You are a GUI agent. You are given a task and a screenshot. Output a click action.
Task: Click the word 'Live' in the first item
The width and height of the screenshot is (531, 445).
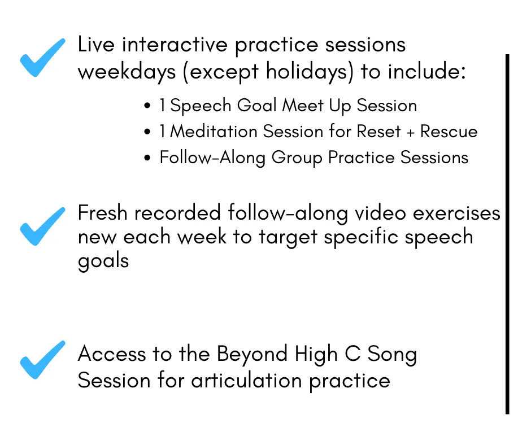pyautogui.click(x=96, y=45)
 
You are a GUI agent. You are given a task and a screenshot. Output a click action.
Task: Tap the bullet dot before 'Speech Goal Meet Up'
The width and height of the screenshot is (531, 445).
pyautogui.click(x=147, y=106)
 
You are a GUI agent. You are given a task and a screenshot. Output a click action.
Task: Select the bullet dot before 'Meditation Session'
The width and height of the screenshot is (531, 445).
pyautogui.click(x=147, y=132)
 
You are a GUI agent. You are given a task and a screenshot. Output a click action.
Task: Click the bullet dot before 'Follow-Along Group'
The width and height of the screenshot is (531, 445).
pyautogui.click(x=147, y=158)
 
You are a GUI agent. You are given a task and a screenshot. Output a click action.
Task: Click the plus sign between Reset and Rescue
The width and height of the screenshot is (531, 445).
pyautogui.click(x=411, y=132)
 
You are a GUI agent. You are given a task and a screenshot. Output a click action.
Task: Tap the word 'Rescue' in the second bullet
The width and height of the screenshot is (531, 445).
pyautogui.click(x=449, y=132)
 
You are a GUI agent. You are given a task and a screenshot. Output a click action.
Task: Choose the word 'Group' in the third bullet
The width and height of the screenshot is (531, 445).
pyautogui.click(x=297, y=158)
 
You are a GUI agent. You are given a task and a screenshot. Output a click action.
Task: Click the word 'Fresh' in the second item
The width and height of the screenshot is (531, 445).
pyautogui.click(x=103, y=213)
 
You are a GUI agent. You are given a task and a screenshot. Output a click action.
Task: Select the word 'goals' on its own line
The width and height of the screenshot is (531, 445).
pyautogui.click(x=103, y=261)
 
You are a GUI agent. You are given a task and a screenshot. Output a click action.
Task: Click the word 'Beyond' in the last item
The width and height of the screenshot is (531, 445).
pyautogui.click(x=253, y=354)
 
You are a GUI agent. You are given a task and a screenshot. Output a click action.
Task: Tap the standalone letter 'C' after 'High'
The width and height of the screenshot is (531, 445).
pyautogui.click(x=352, y=354)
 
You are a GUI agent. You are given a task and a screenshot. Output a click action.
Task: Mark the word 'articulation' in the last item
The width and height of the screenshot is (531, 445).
pyautogui.click(x=246, y=380)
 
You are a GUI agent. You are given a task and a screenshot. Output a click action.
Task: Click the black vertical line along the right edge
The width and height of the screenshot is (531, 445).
pyautogui.click(x=507, y=234)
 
